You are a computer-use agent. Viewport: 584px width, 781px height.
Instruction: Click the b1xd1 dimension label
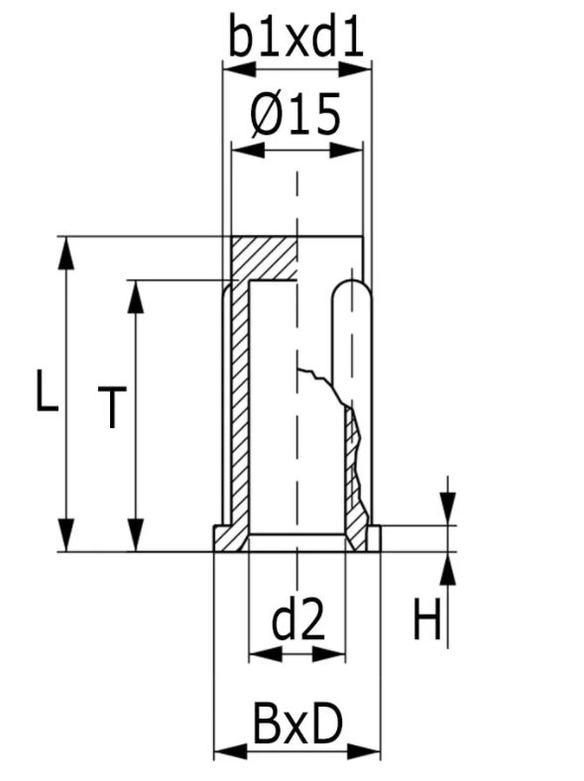(x=295, y=37)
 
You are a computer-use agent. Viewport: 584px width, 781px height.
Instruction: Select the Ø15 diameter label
(x=294, y=116)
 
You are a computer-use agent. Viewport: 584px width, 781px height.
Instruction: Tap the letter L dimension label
(x=44, y=392)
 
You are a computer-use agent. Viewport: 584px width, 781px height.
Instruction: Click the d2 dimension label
(x=297, y=621)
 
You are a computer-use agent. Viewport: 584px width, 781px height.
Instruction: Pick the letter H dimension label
(x=426, y=622)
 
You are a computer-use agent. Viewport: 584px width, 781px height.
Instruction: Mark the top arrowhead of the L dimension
(x=66, y=251)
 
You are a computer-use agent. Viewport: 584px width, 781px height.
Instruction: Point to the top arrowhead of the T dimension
(x=136, y=294)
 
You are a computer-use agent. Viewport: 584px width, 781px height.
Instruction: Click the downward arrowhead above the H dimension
(x=447, y=509)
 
